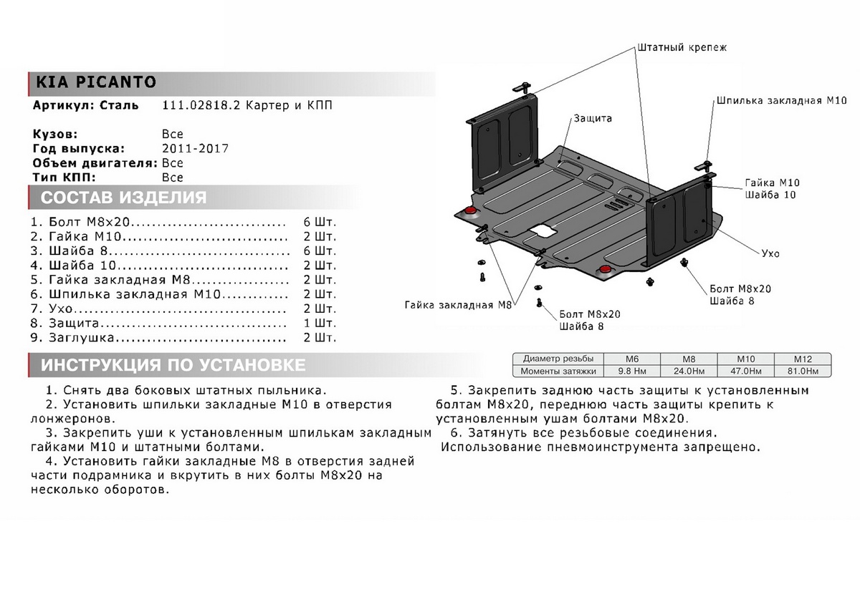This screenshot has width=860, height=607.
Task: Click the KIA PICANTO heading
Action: coord(92,82)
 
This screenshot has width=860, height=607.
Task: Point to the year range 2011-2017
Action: coord(195,149)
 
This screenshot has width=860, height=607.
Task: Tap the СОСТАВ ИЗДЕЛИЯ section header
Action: coord(123,198)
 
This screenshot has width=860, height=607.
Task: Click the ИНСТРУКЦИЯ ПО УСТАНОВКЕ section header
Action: coord(173,366)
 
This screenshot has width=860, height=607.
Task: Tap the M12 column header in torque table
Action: coord(802,358)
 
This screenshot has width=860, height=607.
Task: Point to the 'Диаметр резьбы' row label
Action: coord(558,358)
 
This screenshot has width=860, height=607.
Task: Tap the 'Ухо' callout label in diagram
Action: coord(771,253)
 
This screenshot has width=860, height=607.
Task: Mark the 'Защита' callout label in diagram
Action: coord(592,118)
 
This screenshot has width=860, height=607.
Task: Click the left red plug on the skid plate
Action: coord(471,210)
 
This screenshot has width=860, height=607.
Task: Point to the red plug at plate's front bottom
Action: coord(606,268)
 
